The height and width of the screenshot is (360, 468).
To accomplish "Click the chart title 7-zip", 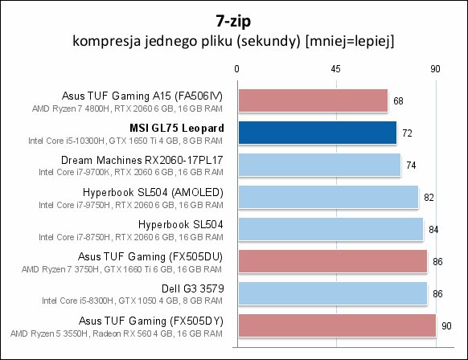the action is click(233, 21).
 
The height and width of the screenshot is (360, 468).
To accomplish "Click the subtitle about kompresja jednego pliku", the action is click(233, 40).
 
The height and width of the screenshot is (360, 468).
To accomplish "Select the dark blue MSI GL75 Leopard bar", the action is click(318, 133).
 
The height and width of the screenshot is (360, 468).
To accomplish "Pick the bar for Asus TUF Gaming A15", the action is click(313, 100).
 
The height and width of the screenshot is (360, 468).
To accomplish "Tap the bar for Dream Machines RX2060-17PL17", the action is click(319, 165).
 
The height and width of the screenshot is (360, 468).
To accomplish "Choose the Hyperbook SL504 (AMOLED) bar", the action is click(328, 197).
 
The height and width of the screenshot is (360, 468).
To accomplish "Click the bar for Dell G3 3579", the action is click(333, 293).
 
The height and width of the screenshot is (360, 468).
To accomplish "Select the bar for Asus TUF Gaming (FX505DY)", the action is click(337, 325).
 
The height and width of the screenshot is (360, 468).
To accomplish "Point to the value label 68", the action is click(398, 101).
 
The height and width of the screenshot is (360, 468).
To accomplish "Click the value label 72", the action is click(407, 133).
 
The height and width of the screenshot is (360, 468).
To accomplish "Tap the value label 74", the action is click(411, 166).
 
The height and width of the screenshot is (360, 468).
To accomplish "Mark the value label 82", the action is click(429, 198).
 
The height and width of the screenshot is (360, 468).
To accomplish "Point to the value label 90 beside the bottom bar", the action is click(446, 326).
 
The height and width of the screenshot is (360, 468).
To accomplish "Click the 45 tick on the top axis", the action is click(335, 69).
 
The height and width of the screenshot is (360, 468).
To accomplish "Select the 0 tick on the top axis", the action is click(236, 69).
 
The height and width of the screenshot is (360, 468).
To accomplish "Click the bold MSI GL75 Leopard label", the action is click(177, 128).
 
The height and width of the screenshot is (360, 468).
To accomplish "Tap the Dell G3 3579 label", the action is click(193, 288).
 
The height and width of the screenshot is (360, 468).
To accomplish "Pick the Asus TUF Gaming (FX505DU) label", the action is click(150, 256).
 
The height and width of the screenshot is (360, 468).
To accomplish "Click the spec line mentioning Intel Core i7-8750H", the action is click(131, 237).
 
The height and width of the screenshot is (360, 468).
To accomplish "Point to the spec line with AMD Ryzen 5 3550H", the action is click(117, 333).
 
